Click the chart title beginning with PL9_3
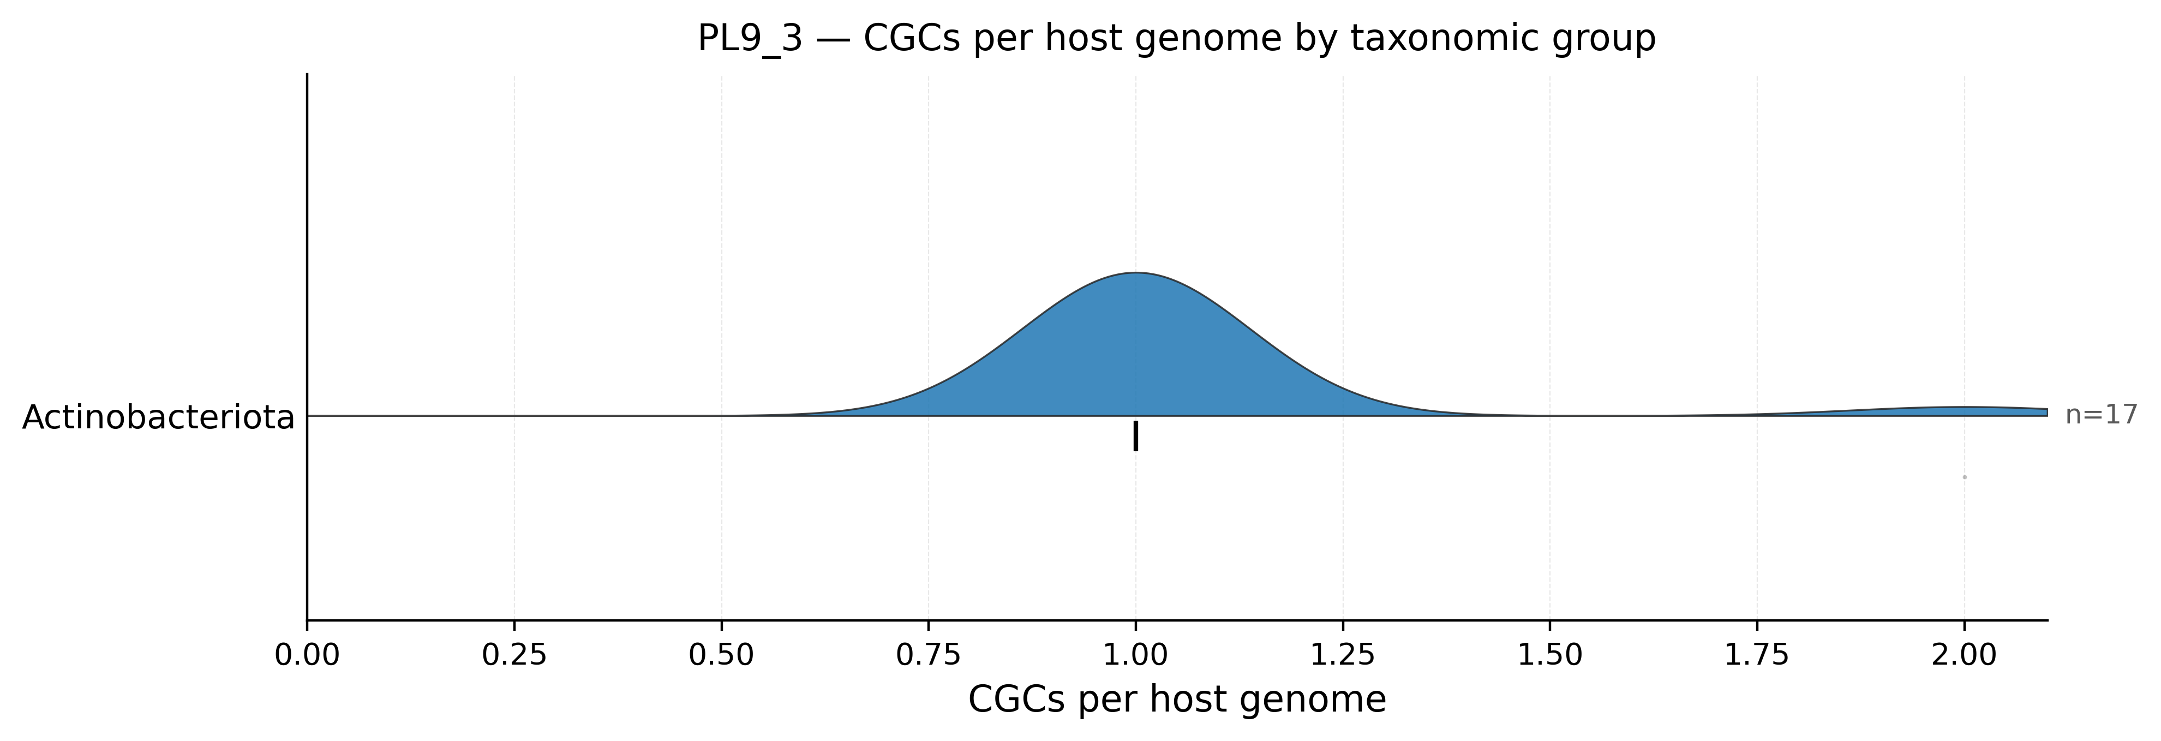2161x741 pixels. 1176,39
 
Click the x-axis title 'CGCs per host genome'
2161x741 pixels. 1177,700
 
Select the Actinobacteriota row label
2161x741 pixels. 159,417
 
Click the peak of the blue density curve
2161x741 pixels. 1136,273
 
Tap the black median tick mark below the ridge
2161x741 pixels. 1136,437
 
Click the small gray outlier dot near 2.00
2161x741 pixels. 1965,477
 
